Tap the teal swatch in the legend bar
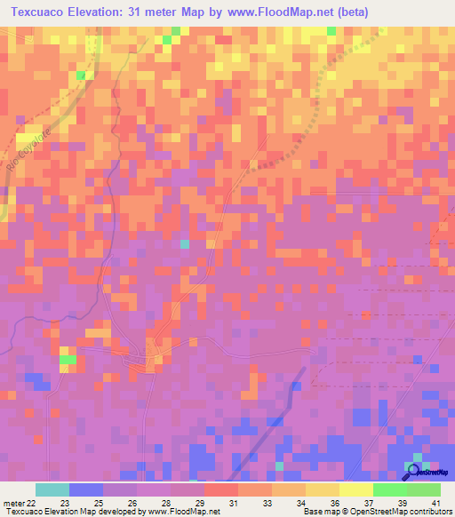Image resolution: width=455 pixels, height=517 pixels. coord(52,489)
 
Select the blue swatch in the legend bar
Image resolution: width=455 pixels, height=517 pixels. coord(86,489)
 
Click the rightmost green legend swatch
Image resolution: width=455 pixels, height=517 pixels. coord(424,489)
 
